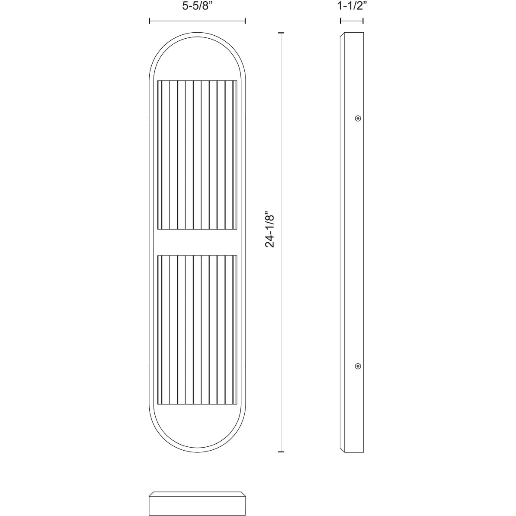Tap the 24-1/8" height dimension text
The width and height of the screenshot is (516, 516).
(x=270, y=229)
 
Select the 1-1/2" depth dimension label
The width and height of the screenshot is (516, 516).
(x=352, y=6)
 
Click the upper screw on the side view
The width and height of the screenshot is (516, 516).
(x=358, y=118)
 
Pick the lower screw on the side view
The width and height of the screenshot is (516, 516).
(x=358, y=366)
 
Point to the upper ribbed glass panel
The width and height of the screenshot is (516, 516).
(x=197, y=155)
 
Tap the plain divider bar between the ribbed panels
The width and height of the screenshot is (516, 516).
(x=197, y=243)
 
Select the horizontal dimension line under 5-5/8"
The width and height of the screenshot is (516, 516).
(x=197, y=21)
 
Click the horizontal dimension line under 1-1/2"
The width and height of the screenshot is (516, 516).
(x=352, y=21)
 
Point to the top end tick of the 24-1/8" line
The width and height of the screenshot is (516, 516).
(x=282, y=33)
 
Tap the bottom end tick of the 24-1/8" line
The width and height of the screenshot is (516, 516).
(x=282, y=452)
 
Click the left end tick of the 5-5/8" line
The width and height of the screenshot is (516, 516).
(x=149, y=21)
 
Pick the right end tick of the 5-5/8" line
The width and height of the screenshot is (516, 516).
(x=245, y=21)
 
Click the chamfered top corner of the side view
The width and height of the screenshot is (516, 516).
(x=342, y=34)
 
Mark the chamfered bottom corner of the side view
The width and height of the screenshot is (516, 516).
(x=342, y=451)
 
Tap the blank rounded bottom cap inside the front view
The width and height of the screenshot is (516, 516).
(x=197, y=426)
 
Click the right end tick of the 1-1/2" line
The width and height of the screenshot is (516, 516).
(x=363, y=21)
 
